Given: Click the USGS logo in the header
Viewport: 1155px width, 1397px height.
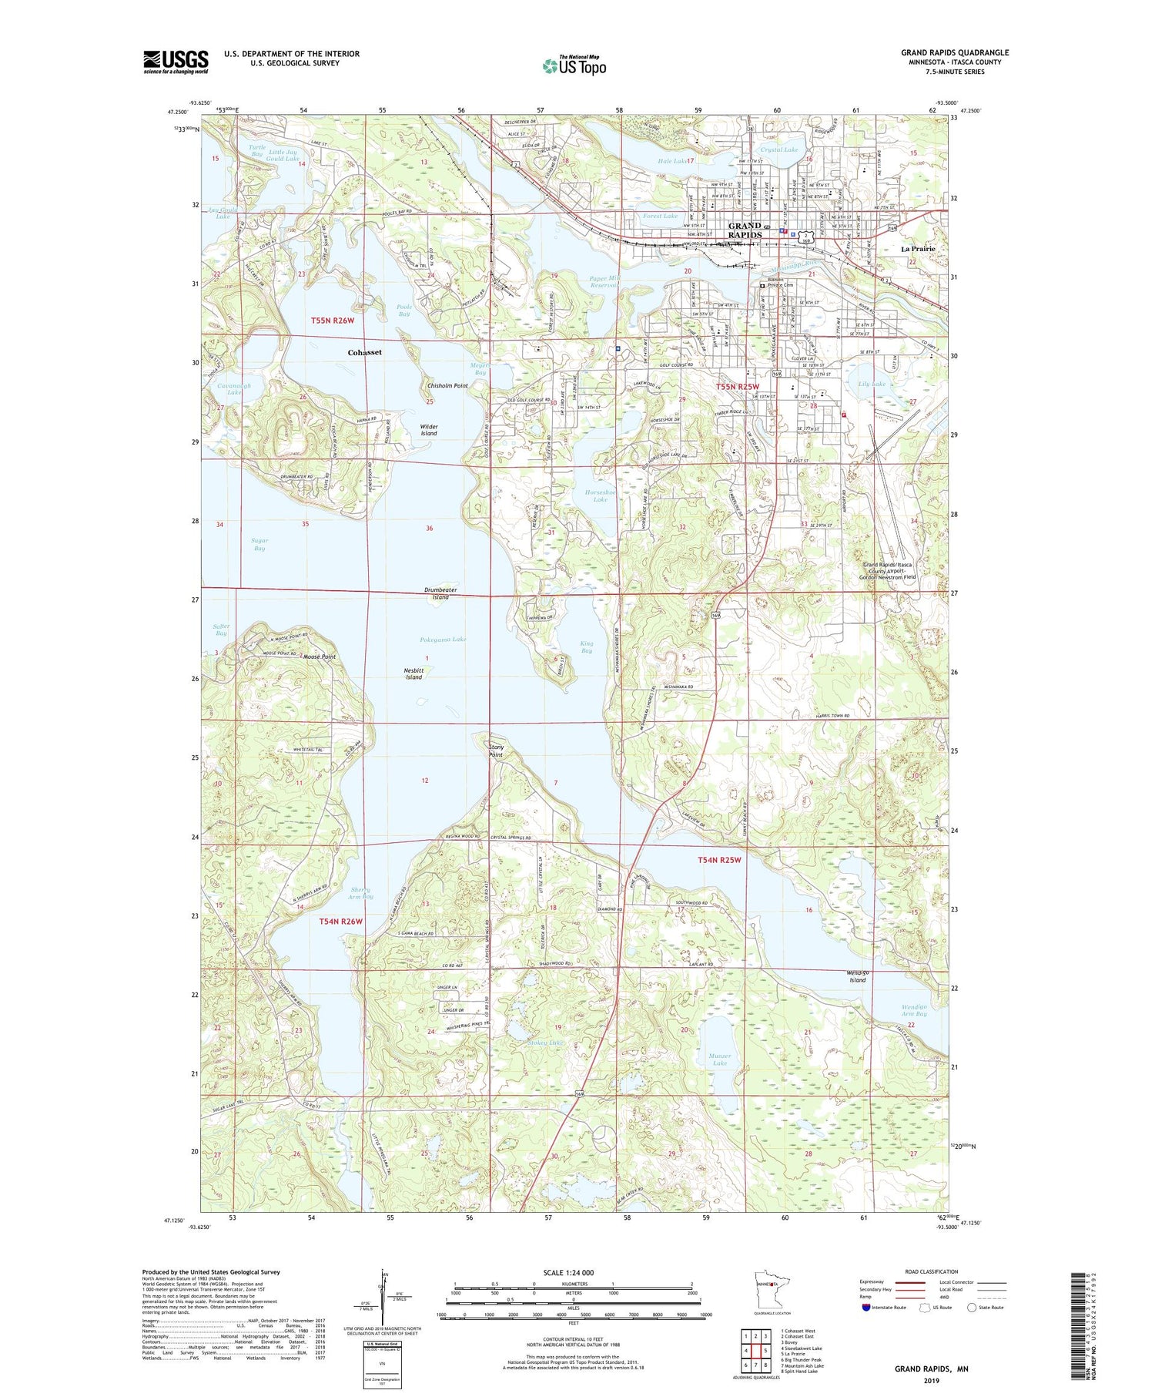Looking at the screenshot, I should tap(176, 62).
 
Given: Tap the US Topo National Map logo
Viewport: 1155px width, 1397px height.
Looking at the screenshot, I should tap(574, 65).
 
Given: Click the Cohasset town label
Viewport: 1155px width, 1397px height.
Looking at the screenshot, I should tap(365, 352).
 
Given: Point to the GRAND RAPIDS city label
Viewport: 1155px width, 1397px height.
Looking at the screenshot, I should tap(745, 230).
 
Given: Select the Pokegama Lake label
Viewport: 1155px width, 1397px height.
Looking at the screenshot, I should tap(443, 640).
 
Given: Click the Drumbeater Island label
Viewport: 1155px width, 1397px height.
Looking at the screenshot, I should tap(440, 593).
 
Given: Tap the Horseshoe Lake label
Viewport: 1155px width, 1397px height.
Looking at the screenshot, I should tap(601, 495).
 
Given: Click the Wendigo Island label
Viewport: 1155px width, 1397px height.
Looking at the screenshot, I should tap(858, 976).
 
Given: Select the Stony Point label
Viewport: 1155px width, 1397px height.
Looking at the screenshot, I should tap(496, 751).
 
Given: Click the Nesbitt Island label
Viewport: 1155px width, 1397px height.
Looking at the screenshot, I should tap(413, 673).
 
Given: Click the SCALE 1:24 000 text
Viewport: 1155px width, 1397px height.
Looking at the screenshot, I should tap(574, 1272).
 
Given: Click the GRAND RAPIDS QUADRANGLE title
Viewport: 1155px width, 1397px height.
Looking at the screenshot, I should tap(955, 52).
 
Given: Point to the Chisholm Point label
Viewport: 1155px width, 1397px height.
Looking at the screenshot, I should tap(447, 385).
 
